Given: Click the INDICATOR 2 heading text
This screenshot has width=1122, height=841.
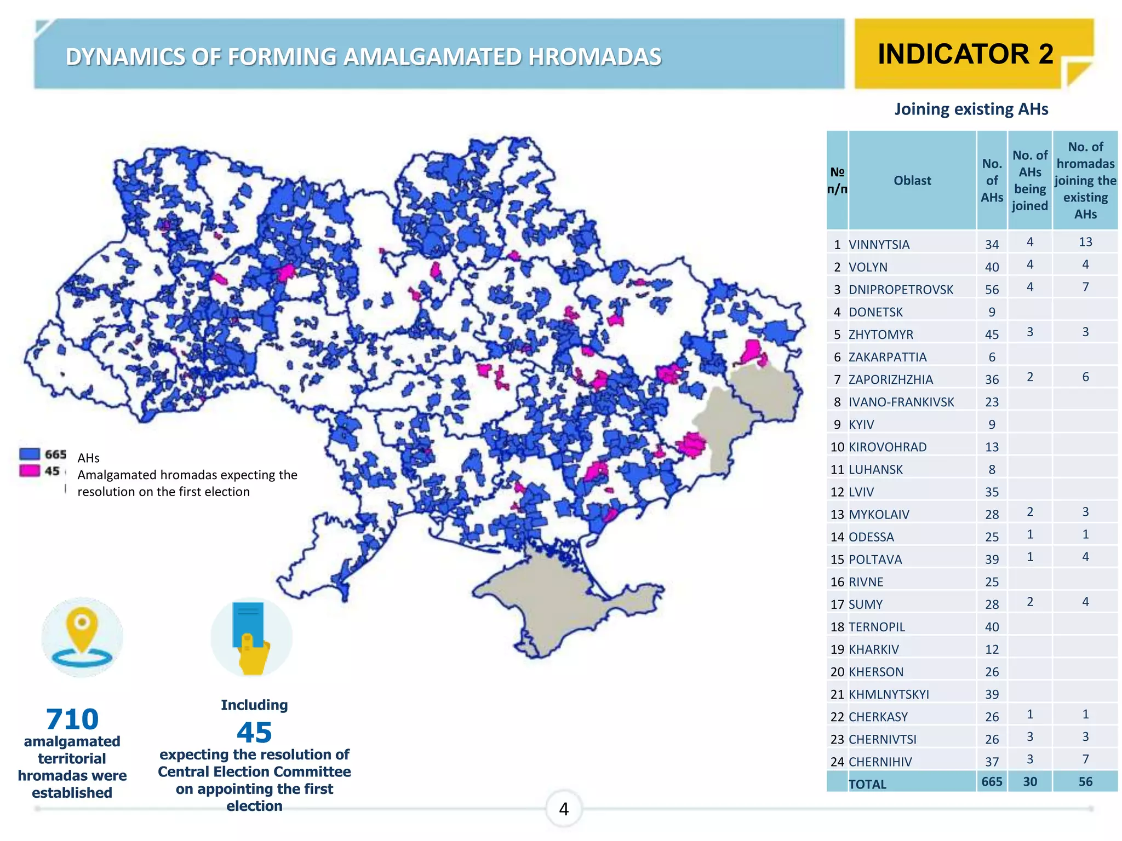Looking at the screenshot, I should pyautogui.click(x=965, y=54).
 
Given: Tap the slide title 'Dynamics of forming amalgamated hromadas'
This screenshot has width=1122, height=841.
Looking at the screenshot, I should pyautogui.click(x=363, y=57).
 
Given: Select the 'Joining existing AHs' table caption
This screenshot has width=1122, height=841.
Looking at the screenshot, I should pyautogui.click(x=971, y=109).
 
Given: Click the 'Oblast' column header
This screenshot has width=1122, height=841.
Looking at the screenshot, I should pyautogui.click(x=912, y=180).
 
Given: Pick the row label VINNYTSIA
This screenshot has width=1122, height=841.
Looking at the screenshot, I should pyautogui.click(x=879, y=245).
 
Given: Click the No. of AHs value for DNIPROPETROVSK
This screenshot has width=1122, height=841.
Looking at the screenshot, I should pyautogui.click(x=992, y=290).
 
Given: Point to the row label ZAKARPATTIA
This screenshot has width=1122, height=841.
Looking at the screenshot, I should pyautogui.click(x=887, y=357).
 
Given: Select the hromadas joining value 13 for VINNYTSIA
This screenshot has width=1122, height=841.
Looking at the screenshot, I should pyautogui.click(x=1085, y=242).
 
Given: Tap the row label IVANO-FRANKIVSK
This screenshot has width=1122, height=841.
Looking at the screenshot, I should pyautogui.click(x=901, y=402).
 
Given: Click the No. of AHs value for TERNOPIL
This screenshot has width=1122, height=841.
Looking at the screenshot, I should pyautogui.click(x=992, y=627).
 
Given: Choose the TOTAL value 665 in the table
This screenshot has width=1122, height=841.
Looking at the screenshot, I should pyautogui.click(x=992, y=781).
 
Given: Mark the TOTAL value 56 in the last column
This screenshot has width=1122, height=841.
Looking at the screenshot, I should pyautogui.click(x=1085, y=781).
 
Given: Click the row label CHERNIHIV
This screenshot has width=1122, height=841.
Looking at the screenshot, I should pyautogui.click(x=880, y=762).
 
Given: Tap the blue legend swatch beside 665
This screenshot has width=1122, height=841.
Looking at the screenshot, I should pyautogui.click(x=30, y=454).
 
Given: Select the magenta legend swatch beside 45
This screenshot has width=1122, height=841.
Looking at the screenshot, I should pyautogui.click(x=30, y=470).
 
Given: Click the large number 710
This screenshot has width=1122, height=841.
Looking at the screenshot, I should pyautogui.click(x=72, y=719).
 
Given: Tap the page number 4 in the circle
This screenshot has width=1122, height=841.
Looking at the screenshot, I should pyautogui.click(x=564, y=809).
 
